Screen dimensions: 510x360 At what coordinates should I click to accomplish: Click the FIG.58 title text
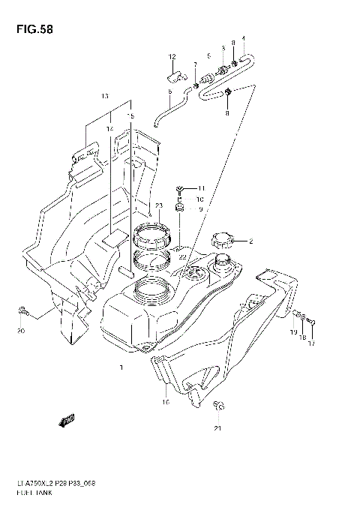31,30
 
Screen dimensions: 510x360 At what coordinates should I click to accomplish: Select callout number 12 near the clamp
172,58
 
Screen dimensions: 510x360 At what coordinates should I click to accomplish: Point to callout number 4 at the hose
242,38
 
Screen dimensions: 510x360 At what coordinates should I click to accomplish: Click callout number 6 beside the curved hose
170,92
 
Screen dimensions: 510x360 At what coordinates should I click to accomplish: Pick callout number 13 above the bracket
105,96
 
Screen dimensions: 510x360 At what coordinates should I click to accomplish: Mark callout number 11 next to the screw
200,187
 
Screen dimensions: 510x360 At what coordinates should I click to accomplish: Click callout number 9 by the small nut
200,209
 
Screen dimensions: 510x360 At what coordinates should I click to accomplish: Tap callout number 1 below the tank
120,368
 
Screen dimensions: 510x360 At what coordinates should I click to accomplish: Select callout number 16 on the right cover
166,402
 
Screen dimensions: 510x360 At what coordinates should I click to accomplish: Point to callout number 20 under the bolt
21,331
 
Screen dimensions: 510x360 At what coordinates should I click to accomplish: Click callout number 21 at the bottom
217,429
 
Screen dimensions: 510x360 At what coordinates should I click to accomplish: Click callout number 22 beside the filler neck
181,256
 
